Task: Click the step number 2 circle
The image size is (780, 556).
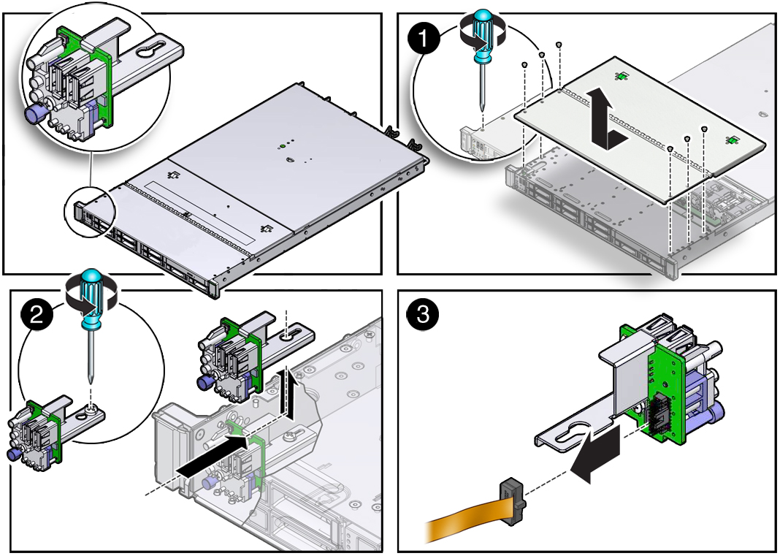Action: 37,315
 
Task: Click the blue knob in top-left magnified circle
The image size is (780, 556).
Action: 34,114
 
